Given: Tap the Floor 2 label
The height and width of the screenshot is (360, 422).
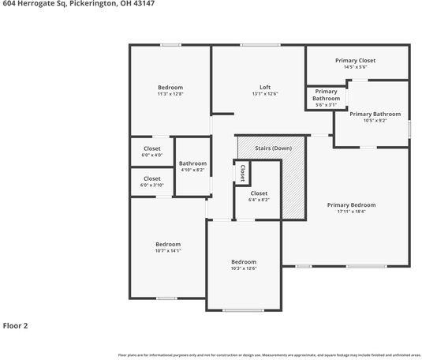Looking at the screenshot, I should tap(15, 324).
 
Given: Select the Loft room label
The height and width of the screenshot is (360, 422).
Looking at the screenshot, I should tap(265, 87).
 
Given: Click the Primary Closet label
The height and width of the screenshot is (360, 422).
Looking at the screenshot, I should tap(355, 61).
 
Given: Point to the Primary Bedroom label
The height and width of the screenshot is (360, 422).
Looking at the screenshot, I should tap(351, 204).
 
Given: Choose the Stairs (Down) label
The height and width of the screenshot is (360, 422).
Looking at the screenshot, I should tap(271, 148).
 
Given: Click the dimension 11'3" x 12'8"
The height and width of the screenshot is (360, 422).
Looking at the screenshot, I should tap(170, 94).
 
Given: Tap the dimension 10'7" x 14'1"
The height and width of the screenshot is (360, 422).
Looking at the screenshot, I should tap(168, 251).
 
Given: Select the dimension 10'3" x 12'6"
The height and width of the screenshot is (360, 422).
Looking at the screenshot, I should tap(244, 268).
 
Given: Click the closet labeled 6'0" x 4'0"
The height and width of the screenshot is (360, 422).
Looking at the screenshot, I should tap(152, 155).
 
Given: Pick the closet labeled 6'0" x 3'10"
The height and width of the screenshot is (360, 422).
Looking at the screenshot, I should tap(152, 185).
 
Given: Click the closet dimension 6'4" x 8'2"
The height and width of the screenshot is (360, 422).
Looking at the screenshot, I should tap(259, 200).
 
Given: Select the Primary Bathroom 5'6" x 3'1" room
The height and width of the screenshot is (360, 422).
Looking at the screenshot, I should tap(326, 98).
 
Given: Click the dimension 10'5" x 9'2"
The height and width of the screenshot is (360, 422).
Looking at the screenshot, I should tap(370, 121).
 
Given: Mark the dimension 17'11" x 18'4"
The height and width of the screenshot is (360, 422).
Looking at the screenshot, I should tap(351, 212).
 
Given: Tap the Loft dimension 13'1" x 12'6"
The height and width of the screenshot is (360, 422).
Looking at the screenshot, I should tap(265, 94).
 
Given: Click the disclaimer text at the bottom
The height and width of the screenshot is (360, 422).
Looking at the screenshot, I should tap(269, 355).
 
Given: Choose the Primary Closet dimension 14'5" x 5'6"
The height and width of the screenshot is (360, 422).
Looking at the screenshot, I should tap(355, 68).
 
